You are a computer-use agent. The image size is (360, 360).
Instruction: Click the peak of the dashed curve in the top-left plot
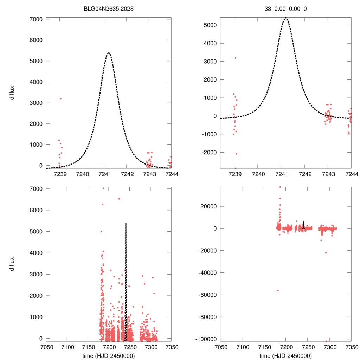[109, 53]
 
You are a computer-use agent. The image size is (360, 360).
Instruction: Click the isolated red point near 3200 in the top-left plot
[60, 99]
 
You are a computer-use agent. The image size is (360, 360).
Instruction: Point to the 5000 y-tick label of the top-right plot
[210, 25]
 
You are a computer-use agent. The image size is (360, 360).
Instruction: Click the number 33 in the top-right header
[268, 9]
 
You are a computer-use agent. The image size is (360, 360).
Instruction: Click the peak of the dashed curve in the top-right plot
[286, 17]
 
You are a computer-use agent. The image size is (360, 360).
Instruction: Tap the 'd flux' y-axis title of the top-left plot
[12, 92]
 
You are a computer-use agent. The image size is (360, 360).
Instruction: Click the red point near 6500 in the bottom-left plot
[119, 199]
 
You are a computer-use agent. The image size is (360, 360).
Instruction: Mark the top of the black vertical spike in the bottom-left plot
[126, 223]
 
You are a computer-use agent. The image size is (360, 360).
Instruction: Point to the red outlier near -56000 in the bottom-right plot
[278, 290]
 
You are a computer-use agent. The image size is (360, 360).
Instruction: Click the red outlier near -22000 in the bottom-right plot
[326, 253]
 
